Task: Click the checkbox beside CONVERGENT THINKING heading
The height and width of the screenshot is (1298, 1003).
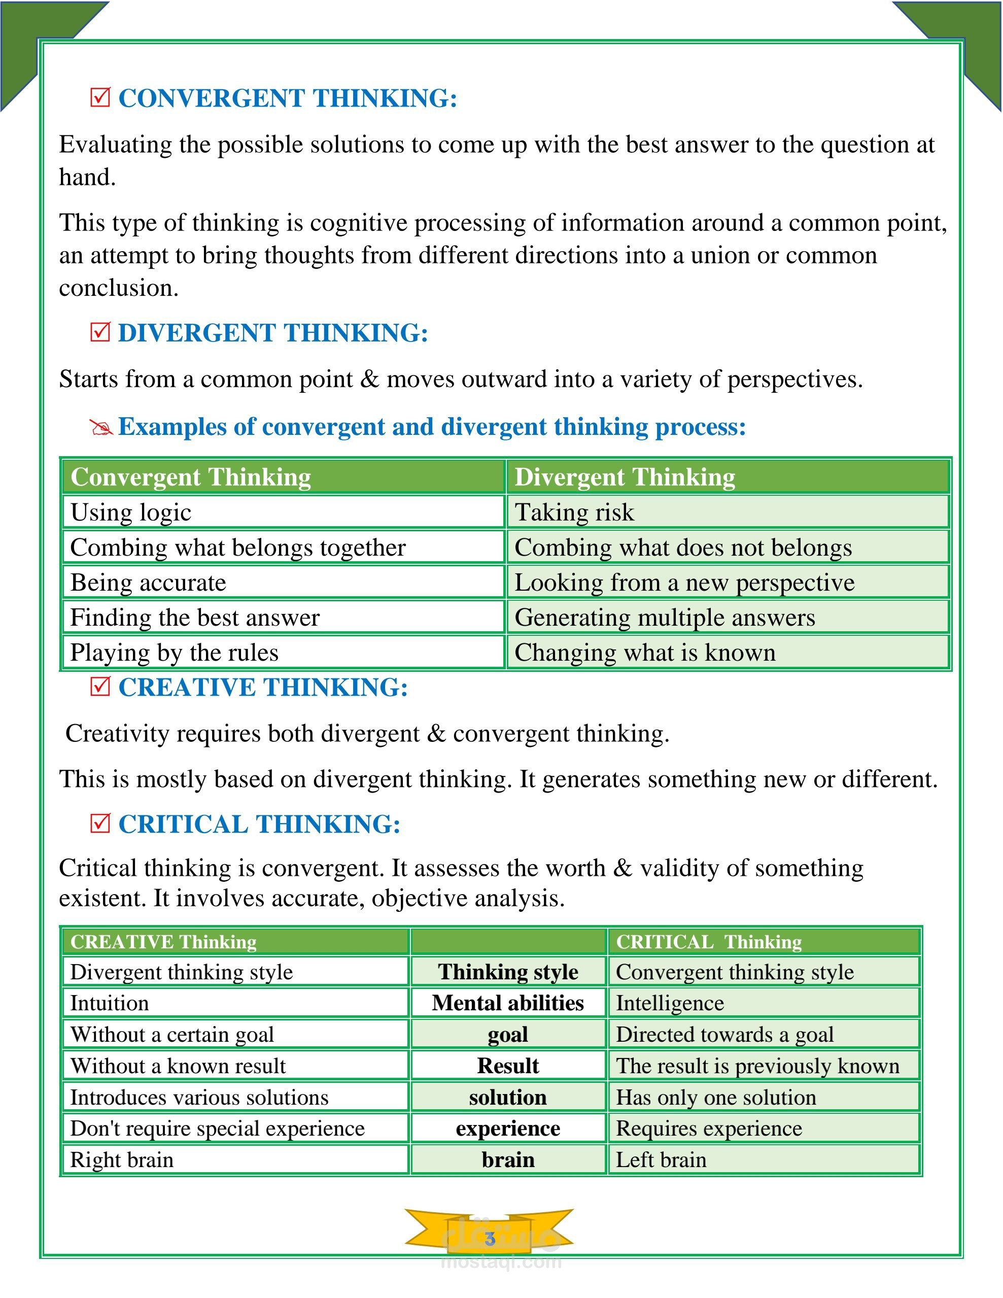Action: point(100,97)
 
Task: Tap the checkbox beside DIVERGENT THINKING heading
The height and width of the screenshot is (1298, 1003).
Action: point(100,332)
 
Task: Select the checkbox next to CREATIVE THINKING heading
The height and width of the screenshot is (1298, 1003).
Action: point(100,687)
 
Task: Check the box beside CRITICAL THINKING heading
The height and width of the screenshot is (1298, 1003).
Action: point(100,824)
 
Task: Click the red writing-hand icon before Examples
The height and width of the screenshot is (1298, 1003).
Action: point(101,427)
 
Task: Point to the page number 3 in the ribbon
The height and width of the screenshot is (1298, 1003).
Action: point(490,1239)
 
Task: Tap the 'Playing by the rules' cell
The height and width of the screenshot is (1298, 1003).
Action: point(174,653)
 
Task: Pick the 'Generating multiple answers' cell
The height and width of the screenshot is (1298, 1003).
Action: point(664,618)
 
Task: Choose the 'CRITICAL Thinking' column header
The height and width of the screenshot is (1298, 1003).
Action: point(708,942)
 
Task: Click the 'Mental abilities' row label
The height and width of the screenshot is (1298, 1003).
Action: point(508,1003)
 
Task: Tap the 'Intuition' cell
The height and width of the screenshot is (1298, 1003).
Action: point(110,1003)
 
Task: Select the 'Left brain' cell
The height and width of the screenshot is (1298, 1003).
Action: point(661,1159)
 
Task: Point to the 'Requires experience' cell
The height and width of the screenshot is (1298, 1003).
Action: point(708,1128)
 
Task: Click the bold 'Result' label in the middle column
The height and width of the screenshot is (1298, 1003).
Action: point(508,1066)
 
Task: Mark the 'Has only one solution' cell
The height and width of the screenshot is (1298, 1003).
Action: point(715,1097)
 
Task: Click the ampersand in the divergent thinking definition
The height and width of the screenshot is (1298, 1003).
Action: point(369,379)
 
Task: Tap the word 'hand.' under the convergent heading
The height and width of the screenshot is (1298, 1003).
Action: point(87,177)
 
